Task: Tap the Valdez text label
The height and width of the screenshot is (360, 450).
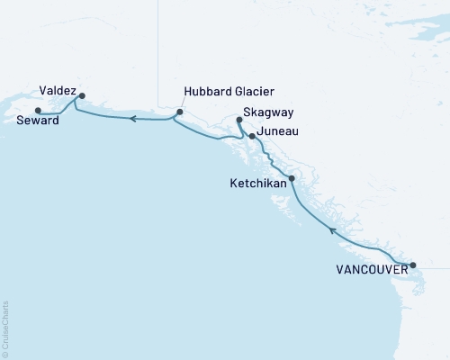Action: pos(58,91)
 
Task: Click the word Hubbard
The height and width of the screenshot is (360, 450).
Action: pos(206,92)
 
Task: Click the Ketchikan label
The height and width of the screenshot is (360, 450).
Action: pos(258,183)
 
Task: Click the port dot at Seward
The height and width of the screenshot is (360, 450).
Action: pos(37,111)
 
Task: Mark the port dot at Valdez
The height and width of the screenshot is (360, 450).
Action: pos(82,95)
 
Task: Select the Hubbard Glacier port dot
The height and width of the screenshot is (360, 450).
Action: pos(179,112)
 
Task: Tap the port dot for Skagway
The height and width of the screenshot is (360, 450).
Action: pos(238,120)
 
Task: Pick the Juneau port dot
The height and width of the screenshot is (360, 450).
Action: pos(252,137)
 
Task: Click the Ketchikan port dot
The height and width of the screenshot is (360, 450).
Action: pos(291,178)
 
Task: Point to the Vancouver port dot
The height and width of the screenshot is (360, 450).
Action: pos(413,265)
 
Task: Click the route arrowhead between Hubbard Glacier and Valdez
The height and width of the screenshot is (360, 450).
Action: pos(131,118)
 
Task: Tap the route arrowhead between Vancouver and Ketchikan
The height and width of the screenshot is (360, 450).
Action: pos(332,231)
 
